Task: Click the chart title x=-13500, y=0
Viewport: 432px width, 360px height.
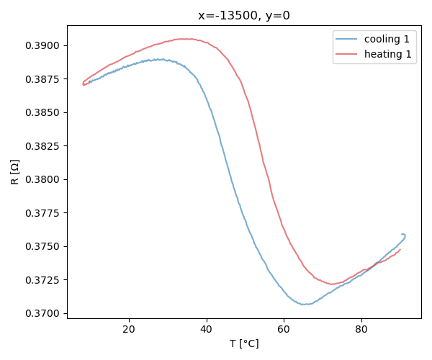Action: tap(244, 15)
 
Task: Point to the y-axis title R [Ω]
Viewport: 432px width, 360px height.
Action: tap(15, 172)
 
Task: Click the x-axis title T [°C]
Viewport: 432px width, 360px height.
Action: tap(244, 343)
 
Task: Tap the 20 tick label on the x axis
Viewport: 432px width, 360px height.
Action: tap(129, 329)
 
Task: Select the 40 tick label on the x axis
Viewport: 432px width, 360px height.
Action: tap(207, 329)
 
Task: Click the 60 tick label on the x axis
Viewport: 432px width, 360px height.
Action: tap(284, 329)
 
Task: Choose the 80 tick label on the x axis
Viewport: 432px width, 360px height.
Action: tap(361, 329)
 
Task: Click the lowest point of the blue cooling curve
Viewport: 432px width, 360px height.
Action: tap(305, 304)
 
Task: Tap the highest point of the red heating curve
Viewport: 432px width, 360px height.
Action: tap(184, 39)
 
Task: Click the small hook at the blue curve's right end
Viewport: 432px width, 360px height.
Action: tap(404, 235)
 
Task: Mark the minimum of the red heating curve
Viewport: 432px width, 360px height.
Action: tap(332, 284)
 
